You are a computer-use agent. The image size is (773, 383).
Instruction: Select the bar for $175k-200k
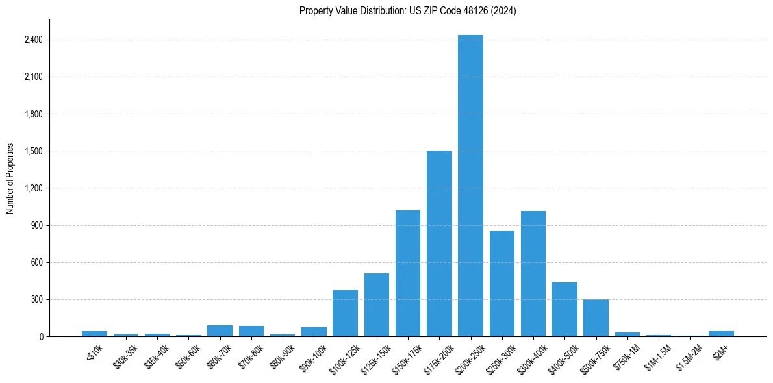[439, 243]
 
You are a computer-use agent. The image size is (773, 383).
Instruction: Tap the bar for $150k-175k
[408, 273]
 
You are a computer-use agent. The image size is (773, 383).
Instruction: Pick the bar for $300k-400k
[533, 273]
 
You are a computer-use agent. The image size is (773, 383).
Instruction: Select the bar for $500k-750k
[596, 318]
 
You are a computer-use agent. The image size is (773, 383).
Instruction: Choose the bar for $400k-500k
[564, 310]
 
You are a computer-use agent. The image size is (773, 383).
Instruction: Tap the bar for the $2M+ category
[721, 334]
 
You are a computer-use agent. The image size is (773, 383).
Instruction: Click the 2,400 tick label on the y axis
[33, 40]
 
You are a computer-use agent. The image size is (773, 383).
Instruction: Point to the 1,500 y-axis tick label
[33, 151]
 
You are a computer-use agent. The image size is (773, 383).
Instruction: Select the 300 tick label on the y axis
[36, 300]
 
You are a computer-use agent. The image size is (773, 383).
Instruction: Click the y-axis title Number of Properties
[10, 179]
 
